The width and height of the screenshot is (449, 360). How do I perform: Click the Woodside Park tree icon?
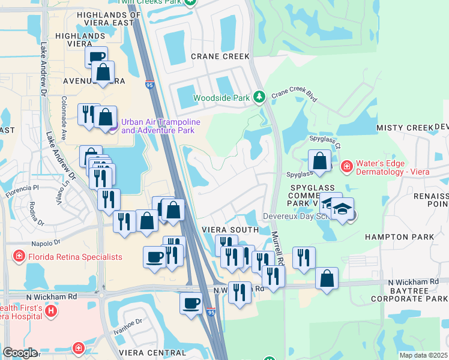(259, 97)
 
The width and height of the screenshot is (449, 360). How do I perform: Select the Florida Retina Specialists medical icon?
(19, 257)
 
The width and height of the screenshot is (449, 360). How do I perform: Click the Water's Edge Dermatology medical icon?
(346, 166)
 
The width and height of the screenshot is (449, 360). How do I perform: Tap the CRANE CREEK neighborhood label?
(220, 56)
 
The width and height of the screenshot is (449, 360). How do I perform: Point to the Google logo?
(20, 353)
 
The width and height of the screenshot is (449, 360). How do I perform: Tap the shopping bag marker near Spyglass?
(319, 161)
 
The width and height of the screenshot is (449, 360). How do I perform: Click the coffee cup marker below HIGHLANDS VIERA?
(96, 57)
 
